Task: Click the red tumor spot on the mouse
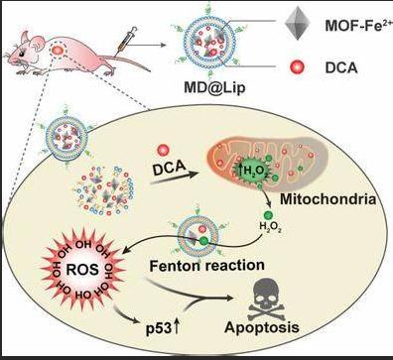click(61, 49)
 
